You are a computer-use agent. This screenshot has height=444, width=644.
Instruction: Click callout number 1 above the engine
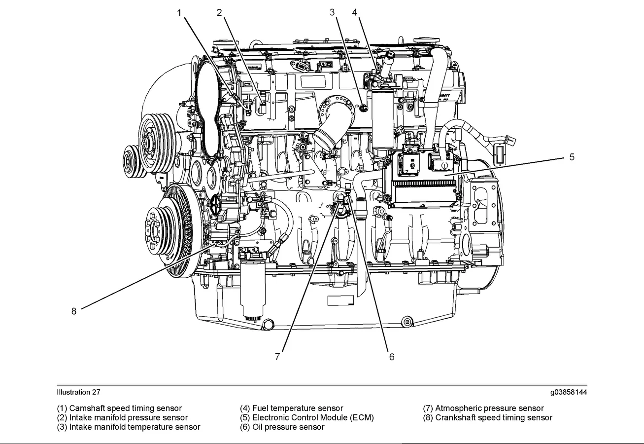(x=180, y=13)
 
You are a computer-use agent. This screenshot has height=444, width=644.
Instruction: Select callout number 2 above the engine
(x=219, y=13)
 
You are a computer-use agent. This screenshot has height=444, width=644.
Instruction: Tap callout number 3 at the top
(x=333, y=13)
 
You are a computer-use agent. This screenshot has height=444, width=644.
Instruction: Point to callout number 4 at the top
(x=354, y=13)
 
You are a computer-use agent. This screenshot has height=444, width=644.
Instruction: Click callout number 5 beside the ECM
(x=572, y=157)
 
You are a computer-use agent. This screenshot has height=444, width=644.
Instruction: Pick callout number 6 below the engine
(x=392, y=356)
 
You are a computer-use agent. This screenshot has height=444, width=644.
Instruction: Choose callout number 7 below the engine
(x=278, y=356)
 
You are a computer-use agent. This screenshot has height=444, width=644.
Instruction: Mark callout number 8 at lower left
(x=74, y=311)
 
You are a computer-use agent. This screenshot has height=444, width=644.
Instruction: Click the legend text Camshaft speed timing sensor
(x=119, y=408)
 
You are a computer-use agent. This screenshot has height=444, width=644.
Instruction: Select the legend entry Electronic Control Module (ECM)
(x=307, y=418)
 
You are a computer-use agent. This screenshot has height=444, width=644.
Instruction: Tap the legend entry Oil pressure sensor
(x=282, y=427)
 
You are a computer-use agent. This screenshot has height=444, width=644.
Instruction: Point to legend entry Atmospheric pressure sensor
(x=483, y=408)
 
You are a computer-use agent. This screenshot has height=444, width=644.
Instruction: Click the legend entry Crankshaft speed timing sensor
(x=488, y=418)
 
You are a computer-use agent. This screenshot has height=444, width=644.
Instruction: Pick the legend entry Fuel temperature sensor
(x=292, y=408)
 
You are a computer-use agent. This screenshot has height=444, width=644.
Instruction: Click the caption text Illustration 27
(x=78, y=392)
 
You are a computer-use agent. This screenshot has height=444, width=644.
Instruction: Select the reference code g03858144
(x=569, y=392)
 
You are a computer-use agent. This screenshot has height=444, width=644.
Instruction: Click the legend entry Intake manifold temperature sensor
(x=129, y=427)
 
